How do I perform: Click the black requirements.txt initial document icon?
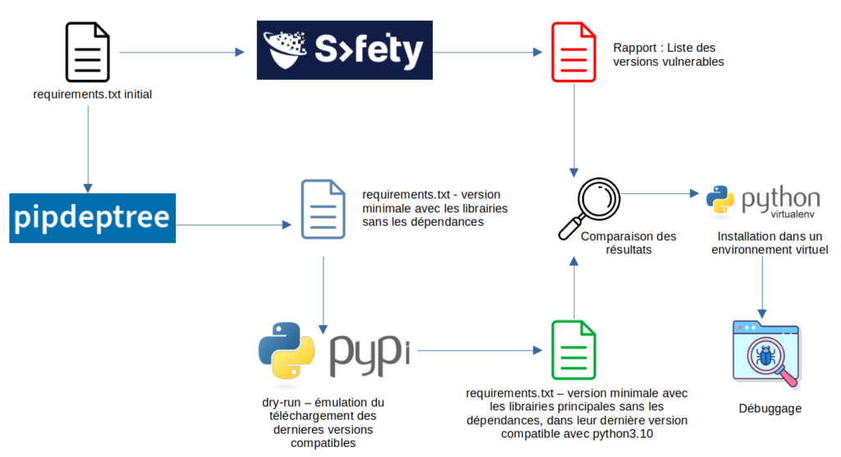coord(87,53)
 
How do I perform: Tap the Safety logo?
coord(344,51)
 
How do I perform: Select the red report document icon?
coord(573,53)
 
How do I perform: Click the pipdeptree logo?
coord(93,218)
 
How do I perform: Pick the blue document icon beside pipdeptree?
coord(322,209)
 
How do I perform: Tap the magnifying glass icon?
coord(586,206)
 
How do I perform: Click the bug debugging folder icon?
coord(764,352)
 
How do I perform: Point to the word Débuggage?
coord(770,409)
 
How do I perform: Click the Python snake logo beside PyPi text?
coord(286,349)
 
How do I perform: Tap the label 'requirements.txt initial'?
coord(92,95)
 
